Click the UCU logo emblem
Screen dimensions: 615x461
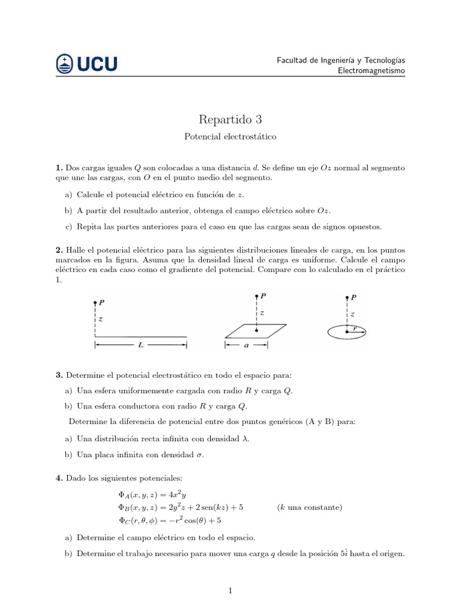click(x=65, y=64)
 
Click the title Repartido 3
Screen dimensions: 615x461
click(x=230, y=119)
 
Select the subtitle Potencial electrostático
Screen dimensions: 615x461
click(x=230, y=137)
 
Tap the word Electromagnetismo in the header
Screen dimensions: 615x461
click(x=372, y=71)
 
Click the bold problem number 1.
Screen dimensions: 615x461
click(x=59, y=168)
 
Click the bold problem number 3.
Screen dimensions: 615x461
click(x=59, y=375)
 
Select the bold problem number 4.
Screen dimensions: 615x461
click(x=59, y=477)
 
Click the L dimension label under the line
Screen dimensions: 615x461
click(x=140, y=345)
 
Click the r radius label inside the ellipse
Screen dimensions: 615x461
click(x=355, y=328)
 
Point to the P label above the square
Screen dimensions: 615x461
click(x=264, y=296)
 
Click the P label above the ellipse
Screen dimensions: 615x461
click(x=354, y=297)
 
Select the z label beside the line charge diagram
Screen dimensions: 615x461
click(x=100, y=320)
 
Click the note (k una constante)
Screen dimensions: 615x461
click(x=310, y=507)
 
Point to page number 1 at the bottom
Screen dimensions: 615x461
click(x=230, y=592)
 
